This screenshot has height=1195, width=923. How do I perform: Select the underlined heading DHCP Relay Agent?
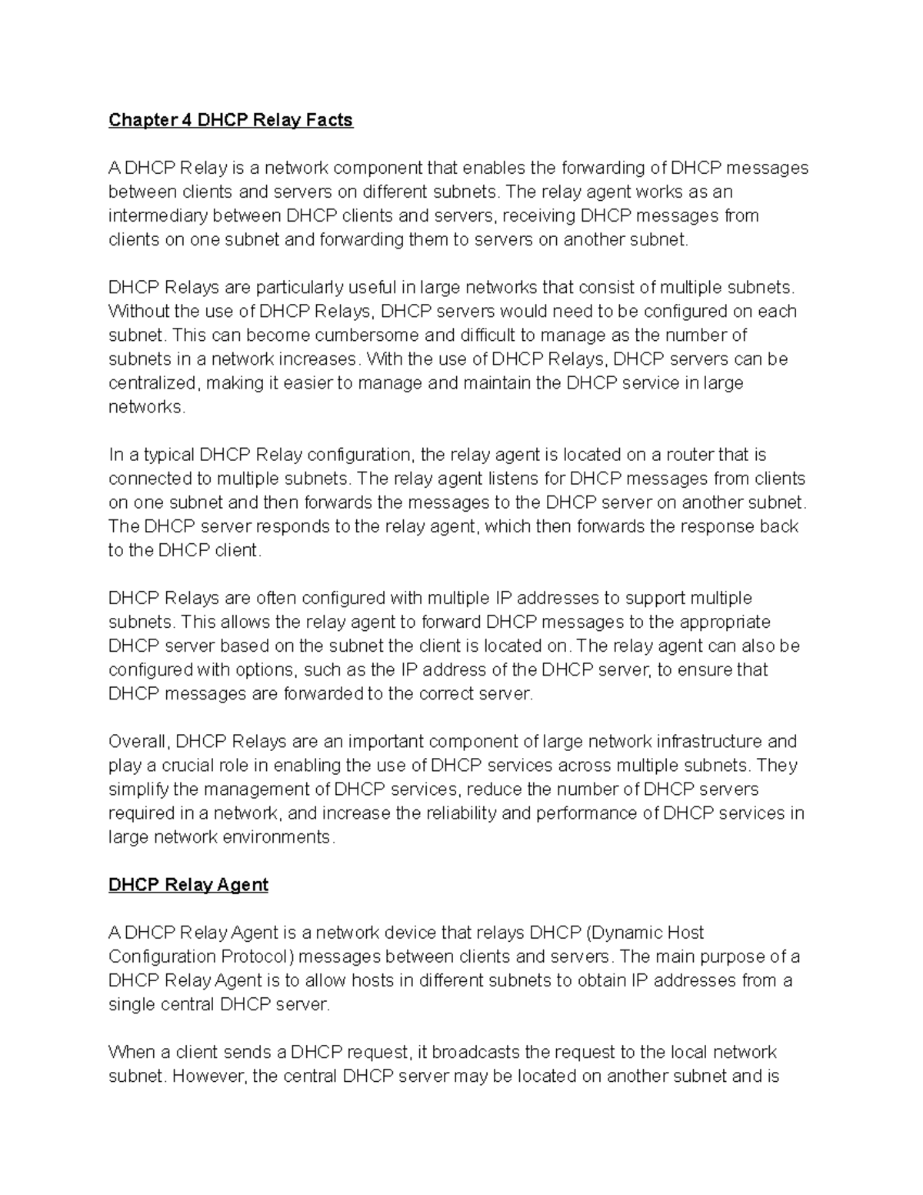[x=188, y=885]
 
